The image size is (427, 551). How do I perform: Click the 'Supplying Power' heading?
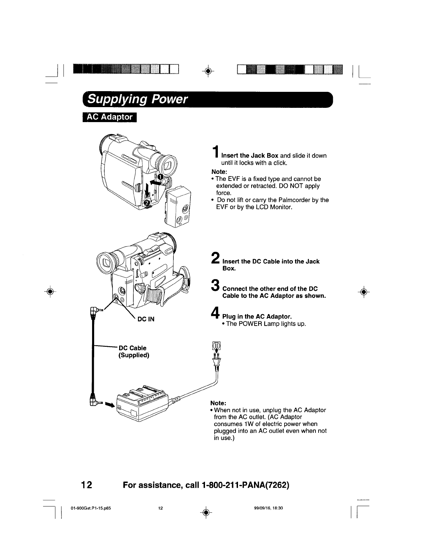coord(137,99)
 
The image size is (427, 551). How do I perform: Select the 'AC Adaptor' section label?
coord(110,117)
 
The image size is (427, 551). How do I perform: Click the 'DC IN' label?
coord(146,319)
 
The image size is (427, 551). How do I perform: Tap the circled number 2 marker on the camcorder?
coord(147,203)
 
